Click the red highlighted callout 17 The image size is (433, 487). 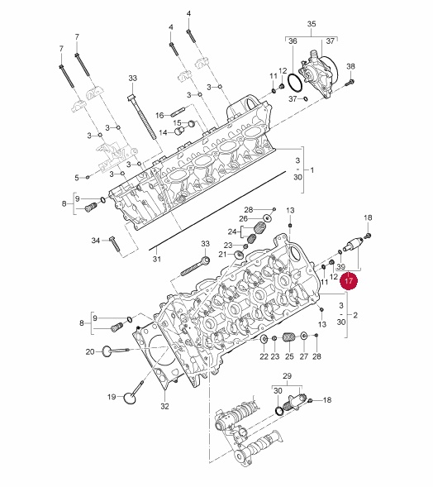pos(349,280)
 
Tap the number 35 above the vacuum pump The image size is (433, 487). pos(312,24)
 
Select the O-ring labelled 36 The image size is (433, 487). pos(294,83)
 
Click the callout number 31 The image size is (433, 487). pos(157,259)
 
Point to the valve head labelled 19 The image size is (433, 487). pos(130,398)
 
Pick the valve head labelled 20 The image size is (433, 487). pos(107,351)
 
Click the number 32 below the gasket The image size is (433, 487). pos(164,406)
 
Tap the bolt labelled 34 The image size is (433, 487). pos(114,244)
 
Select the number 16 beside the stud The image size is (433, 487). pos(159,116)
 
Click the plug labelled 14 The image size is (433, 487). pos(179,131)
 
